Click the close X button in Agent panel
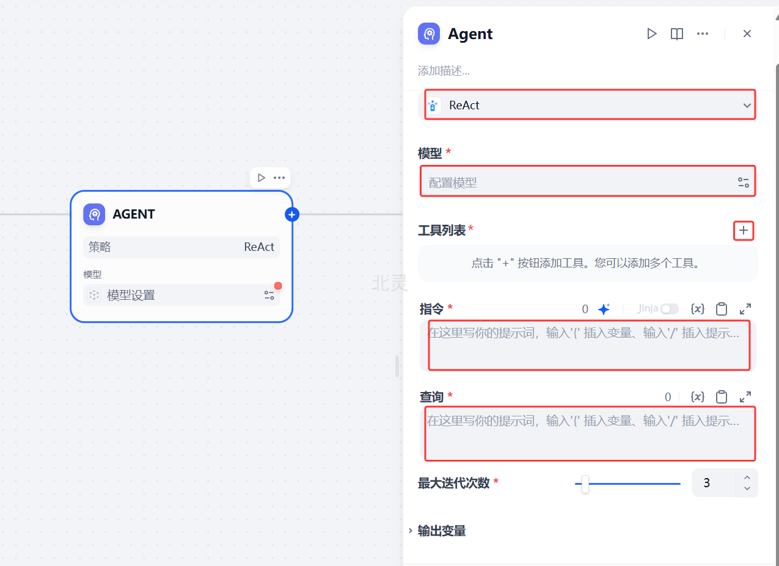click(x=747, y=34)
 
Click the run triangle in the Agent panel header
click(x=652, y=34)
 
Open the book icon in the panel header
click(x=677, y=34)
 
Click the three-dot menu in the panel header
click(x=703, y=34)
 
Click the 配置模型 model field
click(x=580, y=182)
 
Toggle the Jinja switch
click(x=669, y=309)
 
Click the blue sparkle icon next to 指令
click(x=604, y=309)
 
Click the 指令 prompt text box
click(x=588, y=346)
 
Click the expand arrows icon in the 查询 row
click(x=745, y=397)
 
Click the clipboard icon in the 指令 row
click(x=722, y=309)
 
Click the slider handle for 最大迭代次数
click(x=585, y=484)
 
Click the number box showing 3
click(x=713, y=483)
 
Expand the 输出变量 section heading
click(x=441, y=531)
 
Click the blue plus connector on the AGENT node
click(x=292, y=214)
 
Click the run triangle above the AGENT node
click(x=261, y=178)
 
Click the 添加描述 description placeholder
click(x=444, y=71)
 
